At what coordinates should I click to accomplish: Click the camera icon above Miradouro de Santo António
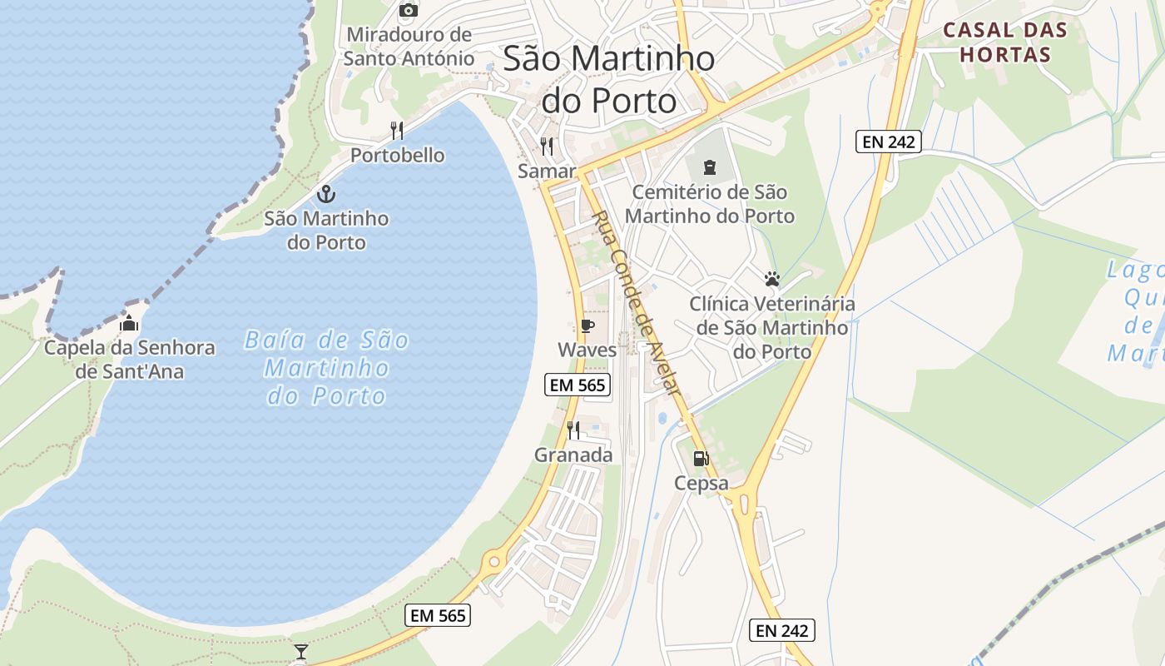click(x=408, y=10)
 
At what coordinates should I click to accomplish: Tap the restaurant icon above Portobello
click(x=397, y=131)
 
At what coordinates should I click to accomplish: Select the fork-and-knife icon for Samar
click(x=547, y=147)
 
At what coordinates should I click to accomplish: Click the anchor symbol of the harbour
click(x=326, y=195)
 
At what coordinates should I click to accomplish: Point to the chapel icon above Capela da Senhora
click(x=129, y=323)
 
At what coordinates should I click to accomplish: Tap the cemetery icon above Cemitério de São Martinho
click(x=709, y=168)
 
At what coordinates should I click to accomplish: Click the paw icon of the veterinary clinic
click(x=772, y=279)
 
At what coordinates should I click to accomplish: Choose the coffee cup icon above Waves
click(x=587, y=326)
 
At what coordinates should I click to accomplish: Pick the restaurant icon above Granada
click(x=573, y=430)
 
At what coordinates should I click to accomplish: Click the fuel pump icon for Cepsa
click(x=701, y=459)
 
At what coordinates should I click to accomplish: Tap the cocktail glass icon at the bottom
click(x=301, y=651)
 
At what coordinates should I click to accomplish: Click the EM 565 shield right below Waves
click(x=578, y=385)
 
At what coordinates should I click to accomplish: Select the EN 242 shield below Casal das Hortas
click(x=889, y=142)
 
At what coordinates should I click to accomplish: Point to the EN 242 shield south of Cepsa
click(x=781, y=630)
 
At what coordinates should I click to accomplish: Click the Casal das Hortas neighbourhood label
click(x=1004, y=43)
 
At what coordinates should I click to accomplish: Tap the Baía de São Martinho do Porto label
click(x=327, y=367)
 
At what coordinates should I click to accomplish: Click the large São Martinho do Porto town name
click(x=609, y=80)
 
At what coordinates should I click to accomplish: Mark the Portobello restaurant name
click(x=397, y=156)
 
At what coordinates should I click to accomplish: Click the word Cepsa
click(x=701, y=484)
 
